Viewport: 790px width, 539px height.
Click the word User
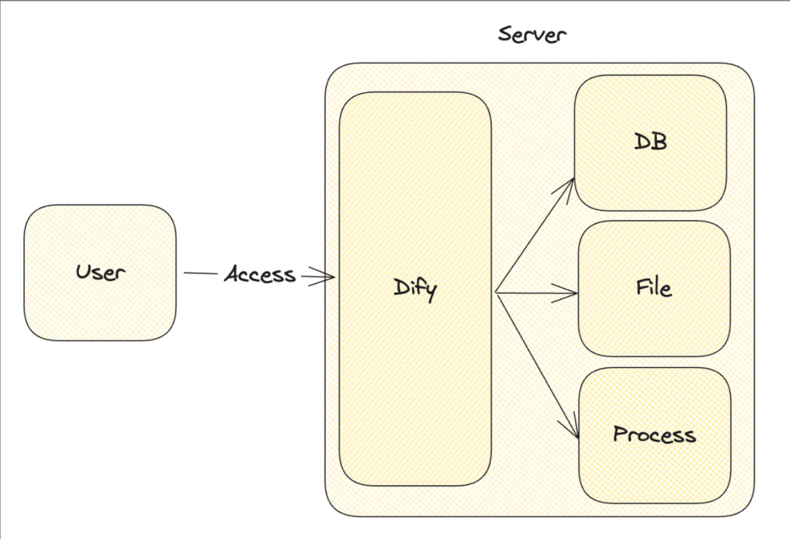pos(101,273)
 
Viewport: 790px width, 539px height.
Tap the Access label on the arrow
pos(260,275)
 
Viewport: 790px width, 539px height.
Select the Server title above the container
pos(532,34)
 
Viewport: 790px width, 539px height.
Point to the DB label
pos(650,142)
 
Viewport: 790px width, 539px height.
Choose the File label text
pos(654,287)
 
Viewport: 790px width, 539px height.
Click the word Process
pos(654,434)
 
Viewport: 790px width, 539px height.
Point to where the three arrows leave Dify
pos(496,293)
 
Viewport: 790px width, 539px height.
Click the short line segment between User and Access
pos(200,274)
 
